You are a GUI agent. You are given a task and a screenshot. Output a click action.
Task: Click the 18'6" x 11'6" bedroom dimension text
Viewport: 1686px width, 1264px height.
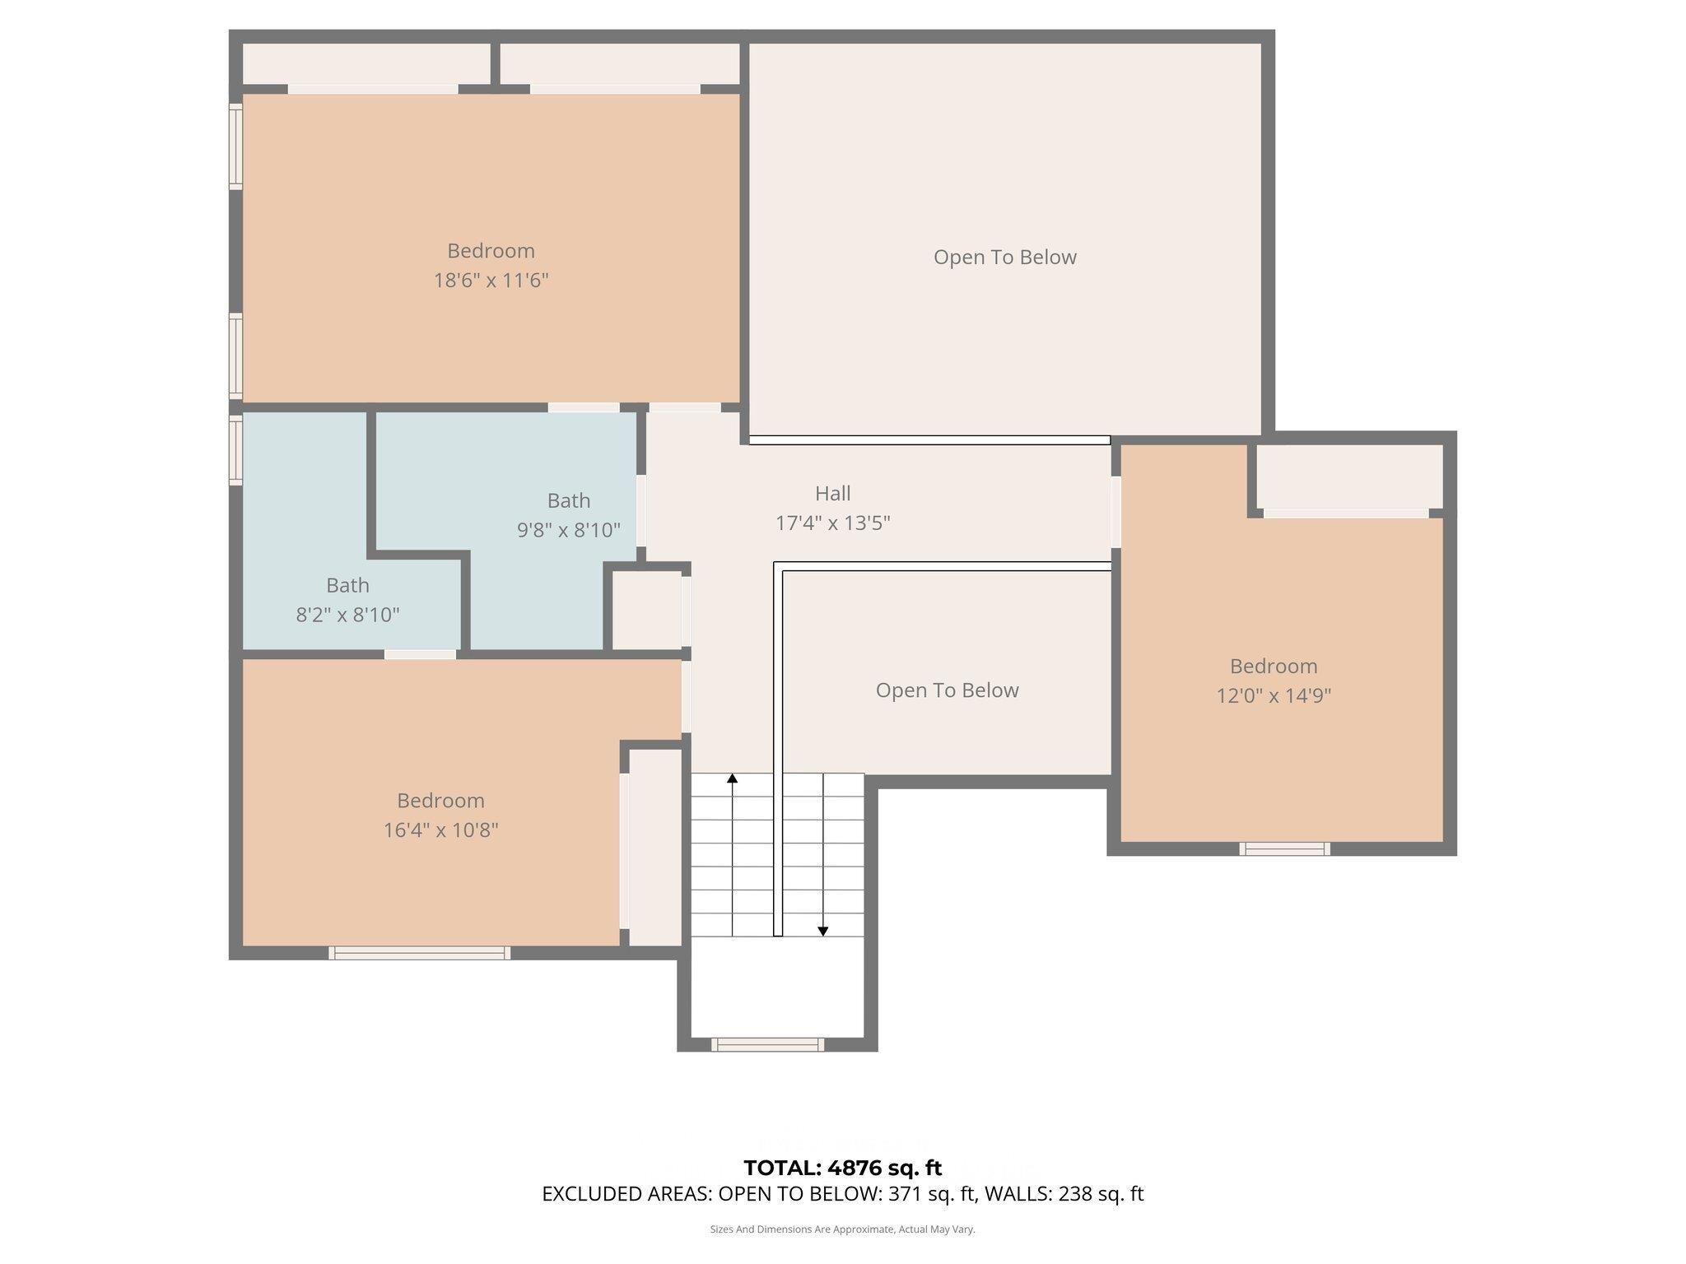click(491, 281)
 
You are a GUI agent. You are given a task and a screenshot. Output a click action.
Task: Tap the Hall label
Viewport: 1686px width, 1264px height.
click(832, 494)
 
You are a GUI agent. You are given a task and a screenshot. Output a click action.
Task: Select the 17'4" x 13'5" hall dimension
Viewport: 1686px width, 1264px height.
click(832, 523)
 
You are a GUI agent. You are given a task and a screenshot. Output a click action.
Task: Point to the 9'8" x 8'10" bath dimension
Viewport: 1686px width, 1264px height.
click(568, 530)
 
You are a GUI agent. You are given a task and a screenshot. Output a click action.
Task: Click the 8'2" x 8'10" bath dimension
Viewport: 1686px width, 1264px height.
click(347, 615)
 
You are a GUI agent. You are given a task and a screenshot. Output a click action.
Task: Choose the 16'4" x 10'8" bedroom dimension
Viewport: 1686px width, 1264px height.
click(440, 830)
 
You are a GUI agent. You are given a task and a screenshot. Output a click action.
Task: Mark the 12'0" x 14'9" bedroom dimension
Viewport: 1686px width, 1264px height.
click(1273, 696)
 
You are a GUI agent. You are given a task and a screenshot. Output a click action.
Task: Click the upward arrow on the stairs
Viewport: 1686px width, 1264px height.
click(732, 778)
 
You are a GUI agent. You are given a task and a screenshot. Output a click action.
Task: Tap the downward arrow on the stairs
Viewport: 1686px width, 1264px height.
click(822, 931)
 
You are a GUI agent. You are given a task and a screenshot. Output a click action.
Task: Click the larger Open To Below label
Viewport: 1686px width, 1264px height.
click(1004, 258)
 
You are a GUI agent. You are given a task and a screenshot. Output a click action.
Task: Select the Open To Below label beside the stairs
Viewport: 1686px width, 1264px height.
click(947, 690)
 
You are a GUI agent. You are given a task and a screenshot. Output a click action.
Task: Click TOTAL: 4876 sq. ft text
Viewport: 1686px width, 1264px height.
click(842, 1168)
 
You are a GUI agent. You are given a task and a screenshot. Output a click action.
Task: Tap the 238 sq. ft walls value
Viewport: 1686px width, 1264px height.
click(1099, 1194)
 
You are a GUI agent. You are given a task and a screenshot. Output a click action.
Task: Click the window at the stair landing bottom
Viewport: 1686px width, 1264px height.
click(767, 1044)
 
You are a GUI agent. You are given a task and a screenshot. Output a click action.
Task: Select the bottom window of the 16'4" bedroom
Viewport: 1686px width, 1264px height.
click(419, 953)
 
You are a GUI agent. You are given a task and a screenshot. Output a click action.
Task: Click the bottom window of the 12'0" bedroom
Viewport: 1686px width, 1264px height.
click(1284, 848)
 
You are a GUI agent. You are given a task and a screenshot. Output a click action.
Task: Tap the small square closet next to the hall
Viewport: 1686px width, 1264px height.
click(646, 610)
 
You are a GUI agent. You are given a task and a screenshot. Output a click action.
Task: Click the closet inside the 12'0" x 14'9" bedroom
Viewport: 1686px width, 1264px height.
click(1348, 476)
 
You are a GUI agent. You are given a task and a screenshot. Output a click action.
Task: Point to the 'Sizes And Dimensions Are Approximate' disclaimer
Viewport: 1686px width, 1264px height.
click(842, 1229)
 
